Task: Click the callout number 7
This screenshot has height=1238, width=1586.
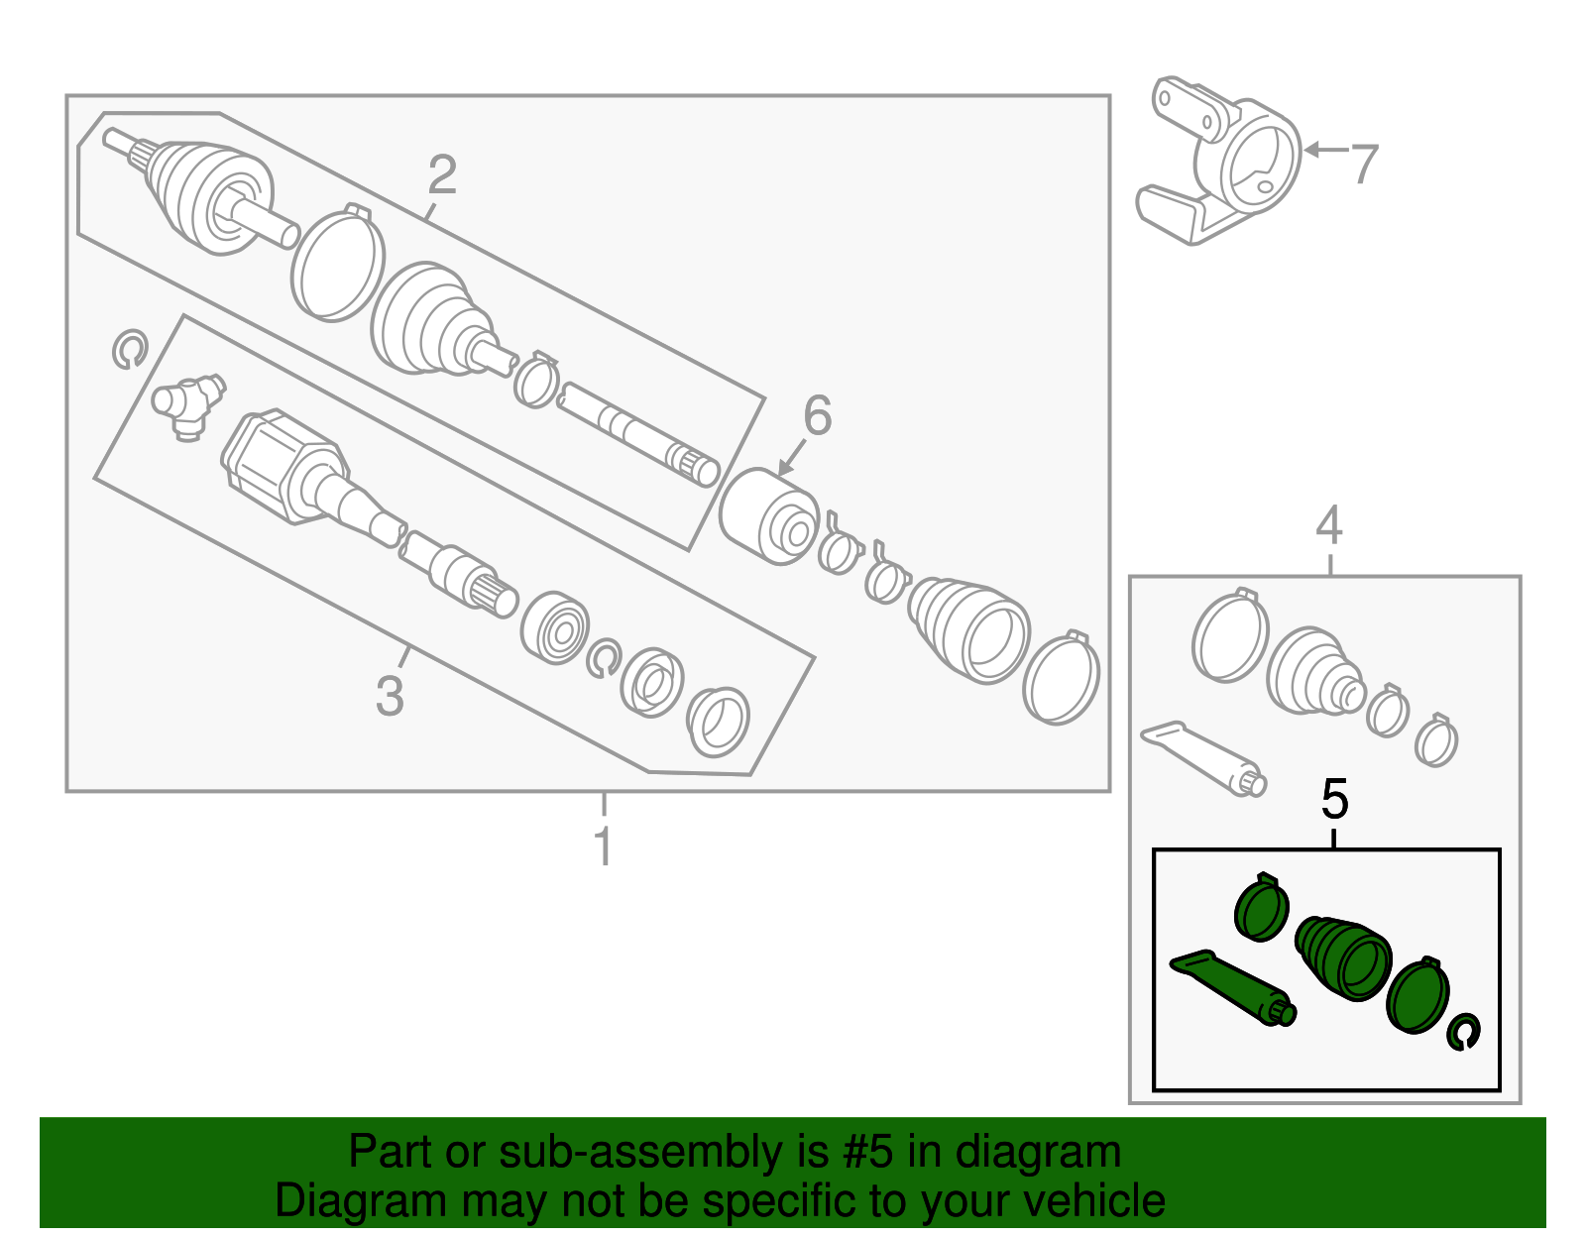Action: click(1364, 164)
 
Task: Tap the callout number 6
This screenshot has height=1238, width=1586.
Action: click(817, 415)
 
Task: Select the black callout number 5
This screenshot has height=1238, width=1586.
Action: click(1335, 799)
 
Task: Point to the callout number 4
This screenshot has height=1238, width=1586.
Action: click(1328, 525)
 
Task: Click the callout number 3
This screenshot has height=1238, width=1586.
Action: click(390, 695)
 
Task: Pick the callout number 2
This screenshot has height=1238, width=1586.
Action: click(442, 175)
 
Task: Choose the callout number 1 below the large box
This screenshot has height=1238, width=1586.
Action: click(602, 846)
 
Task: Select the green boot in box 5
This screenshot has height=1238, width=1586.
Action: click(1344, 955)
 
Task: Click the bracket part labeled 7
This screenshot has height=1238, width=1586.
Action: click(1229, 164)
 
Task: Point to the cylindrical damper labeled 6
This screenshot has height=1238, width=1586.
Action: click(768, 515)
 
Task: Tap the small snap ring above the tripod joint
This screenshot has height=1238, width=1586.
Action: click(129, 350)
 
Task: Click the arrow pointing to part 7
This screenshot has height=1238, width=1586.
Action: click(1324, 151)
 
